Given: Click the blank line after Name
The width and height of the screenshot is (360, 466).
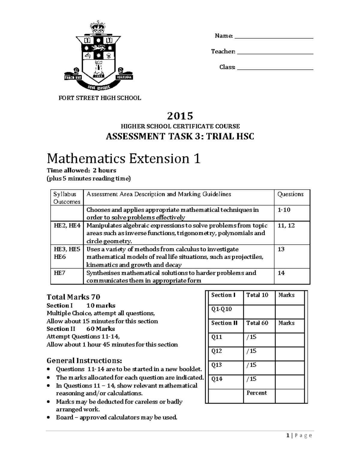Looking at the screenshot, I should tap(274, 38).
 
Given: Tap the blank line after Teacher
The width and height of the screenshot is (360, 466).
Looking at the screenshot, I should tap(275, 53).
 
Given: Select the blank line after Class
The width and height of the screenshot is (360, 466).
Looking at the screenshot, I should tap(275, 69).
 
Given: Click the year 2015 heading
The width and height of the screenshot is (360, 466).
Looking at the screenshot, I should tap(180, 116).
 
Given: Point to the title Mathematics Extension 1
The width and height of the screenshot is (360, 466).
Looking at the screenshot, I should tap(123, 158).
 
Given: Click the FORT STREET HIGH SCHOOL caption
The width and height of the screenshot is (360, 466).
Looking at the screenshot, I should tap(100, 98).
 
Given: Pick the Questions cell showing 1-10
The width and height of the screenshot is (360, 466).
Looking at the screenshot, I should tap(284, 210).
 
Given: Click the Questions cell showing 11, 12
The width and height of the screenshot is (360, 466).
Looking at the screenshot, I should tap(286, 226).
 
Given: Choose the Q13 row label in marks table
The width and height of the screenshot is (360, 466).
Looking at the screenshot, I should tap(217, 365).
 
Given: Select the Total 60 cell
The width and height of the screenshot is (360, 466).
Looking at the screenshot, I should tap(257, 323).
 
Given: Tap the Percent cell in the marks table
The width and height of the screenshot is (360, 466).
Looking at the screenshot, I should tap(256, 393).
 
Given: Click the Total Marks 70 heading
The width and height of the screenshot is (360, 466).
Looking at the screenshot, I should tap(73, 297).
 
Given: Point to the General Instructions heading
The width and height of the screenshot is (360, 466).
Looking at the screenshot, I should tap(84, 360).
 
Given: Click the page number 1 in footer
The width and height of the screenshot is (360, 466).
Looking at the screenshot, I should tap(287, 436).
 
